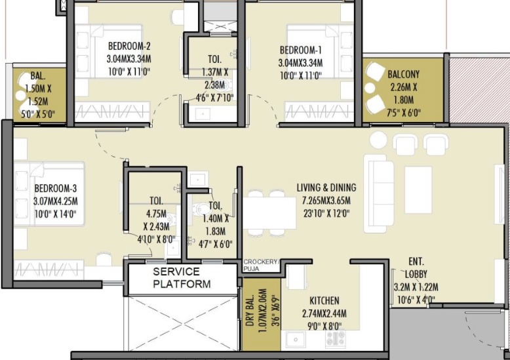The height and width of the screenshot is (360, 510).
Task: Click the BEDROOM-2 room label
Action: (x=129, y=45)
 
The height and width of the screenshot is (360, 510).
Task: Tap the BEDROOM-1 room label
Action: (x=301, y=50)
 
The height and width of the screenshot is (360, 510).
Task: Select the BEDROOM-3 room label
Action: (x=56, y=188)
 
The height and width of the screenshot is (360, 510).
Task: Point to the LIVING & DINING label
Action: (x=326, y=188)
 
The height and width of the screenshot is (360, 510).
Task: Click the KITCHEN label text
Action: (x=324, y=300)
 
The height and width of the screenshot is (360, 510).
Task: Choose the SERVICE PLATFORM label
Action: (x=182, y=277)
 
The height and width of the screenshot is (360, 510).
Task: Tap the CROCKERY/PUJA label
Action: (x=261, y=266)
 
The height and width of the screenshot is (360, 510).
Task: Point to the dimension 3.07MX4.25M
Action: (x=56, y=201)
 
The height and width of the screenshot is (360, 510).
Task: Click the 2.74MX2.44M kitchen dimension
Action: (x=324, y=314)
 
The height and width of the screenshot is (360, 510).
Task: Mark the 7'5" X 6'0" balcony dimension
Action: (x=404, y=113)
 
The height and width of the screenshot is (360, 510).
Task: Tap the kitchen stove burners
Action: (x=336, y=338)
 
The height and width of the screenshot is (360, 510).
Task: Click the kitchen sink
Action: (x=296, y=340)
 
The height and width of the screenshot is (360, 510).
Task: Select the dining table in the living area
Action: (x=269, y=213)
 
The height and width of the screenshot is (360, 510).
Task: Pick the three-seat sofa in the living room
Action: (x=379, y=193)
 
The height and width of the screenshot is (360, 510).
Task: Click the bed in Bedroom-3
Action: (x=49, y=193)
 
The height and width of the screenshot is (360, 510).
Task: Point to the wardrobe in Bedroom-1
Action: (x=319, y=111)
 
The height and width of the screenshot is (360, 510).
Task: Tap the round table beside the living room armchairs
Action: (x=379, y=140)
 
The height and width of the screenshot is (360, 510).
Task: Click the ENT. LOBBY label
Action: (x=416, y=268)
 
